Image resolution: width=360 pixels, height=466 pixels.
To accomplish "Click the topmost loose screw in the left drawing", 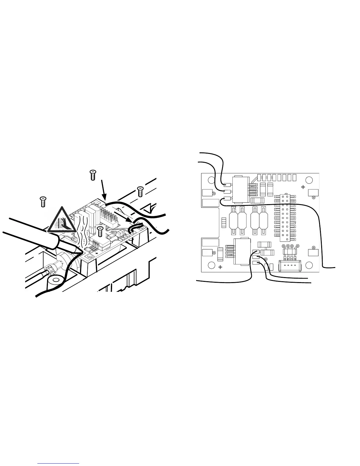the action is (x=93, y=175).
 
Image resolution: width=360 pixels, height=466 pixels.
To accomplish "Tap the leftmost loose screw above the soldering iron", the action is (x=43, y=202).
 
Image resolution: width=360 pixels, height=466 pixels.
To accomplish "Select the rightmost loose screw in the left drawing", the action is (x=140, y=192).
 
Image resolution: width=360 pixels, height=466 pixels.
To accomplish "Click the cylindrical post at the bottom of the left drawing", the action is (x=55, y=280).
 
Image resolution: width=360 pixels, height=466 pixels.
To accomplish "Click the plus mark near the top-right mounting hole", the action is (x=303, y=187).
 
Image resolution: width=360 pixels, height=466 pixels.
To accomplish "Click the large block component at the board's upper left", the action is (x=241, y=190).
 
